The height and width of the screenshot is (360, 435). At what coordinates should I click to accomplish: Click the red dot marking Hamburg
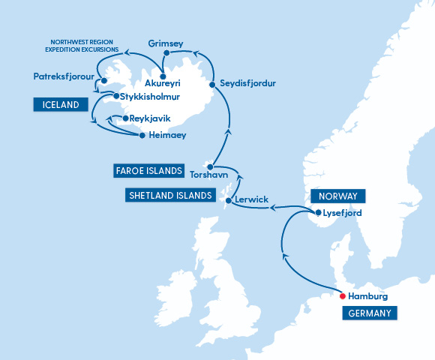pyautogui.click(x=343, y=295)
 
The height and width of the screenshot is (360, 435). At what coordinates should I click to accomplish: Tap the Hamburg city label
pyautogui.click(x=368, y=296)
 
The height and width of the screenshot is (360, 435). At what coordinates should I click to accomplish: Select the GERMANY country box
pyautogui.click(x=369, y=313)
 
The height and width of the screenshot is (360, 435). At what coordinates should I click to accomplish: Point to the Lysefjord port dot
pyautogui.click(x=319, y=213)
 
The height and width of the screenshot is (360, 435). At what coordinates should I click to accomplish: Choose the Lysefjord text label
pyautogui.click(x=343, y=213)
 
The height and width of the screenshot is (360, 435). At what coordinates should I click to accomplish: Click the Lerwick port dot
pyautogui.click(x=228, y=201)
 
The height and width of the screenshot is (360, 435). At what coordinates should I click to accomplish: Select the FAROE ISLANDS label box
pyautogui.click(x=148, y=171)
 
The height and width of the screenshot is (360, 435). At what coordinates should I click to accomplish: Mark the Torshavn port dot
pyautogui.click(x=211, y=166)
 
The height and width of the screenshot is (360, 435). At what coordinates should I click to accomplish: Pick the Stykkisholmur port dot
pyautogui.click(x=115, y=96)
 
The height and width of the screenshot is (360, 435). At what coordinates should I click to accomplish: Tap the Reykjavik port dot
pyautogui.click(x=125, y=118)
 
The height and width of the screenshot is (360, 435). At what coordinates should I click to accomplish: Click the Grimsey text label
pyautogui.click(x=166, y=43)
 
